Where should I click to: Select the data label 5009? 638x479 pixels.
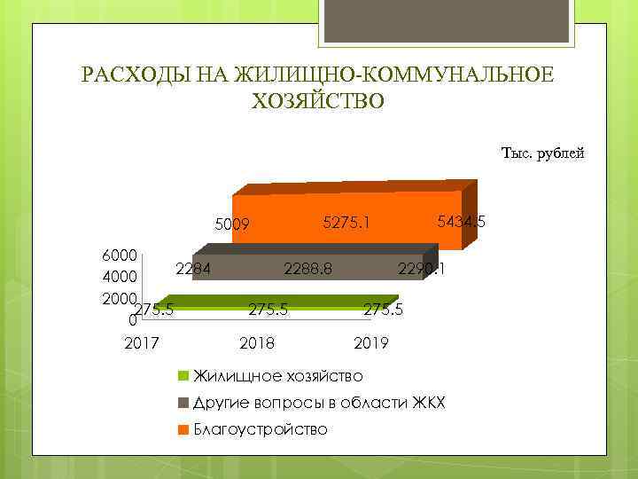(x=233, y=224)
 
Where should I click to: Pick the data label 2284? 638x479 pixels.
(x=192, y=269)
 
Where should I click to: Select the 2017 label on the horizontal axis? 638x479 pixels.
(x=142, y=342)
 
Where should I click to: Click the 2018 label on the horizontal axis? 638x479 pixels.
(x=257, y=342)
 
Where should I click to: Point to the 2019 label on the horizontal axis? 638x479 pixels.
(x=370, y=342)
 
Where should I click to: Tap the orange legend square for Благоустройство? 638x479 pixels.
(x=183, y=429)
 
